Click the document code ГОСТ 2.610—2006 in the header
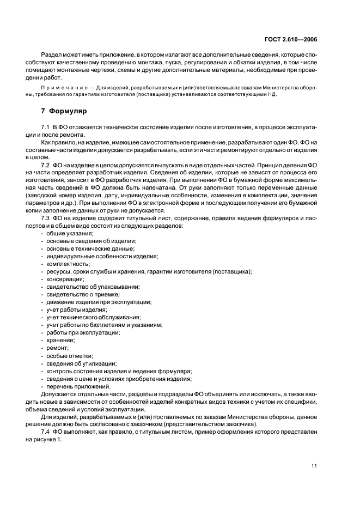click(x=291, y=39)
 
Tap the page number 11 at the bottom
click(x=314, y=465)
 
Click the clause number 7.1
click(x=46, y=127)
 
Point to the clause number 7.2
click(x=46, y=165)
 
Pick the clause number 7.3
click(x=46, y=218)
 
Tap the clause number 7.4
click(x=46, y=433)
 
